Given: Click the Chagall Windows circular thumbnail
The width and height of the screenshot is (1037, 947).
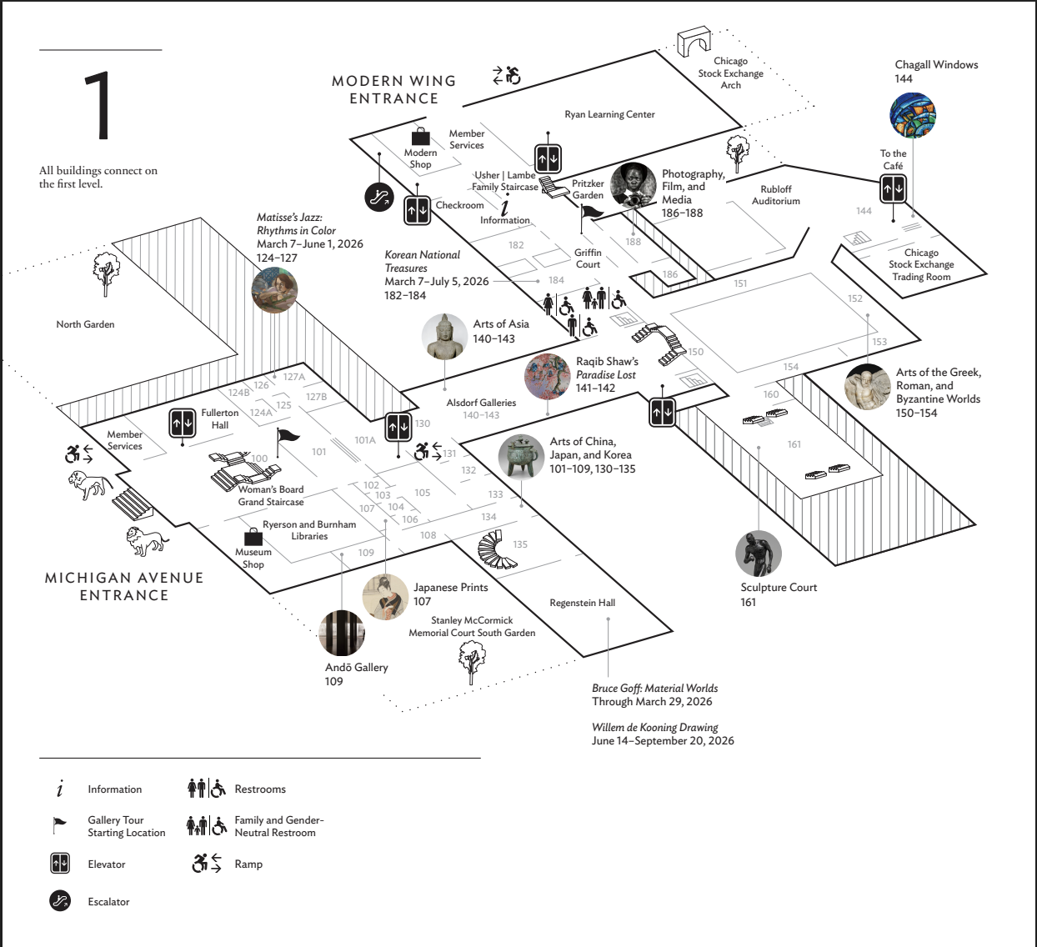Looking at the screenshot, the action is pyautogui.click(x=913, y=114).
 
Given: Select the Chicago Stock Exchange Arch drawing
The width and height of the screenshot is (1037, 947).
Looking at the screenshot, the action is pyautogui.click(x=693, y=42).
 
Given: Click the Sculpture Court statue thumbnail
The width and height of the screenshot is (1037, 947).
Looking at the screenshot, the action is pyautogui.click(x=759, y=554).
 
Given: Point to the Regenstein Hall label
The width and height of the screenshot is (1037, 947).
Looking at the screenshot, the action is pyautogui.click(x=582, y=603).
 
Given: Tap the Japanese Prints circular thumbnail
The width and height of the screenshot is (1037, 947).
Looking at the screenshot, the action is pyautogui.click(x=386, y=598).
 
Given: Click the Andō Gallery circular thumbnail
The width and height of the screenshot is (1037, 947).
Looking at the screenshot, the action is pyautogui.click(x=342, y=633).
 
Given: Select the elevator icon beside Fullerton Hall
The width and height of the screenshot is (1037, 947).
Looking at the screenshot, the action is pyautogui.click(x=182, y=423).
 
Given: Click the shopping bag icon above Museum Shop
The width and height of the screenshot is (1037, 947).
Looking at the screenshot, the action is pyautogui.click(x=253, y=537).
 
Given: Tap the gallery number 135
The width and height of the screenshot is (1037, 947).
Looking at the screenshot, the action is pyautogui.click(x=520, y=544).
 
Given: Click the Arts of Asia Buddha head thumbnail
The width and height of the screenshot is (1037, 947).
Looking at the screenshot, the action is pyautogui.click(x=445, y=337).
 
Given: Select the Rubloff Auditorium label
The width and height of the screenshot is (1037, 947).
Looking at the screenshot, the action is pyautogui.click(x=775, y=195).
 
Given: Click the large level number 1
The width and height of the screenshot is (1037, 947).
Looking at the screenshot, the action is pyautogui.click(x=99, y=106).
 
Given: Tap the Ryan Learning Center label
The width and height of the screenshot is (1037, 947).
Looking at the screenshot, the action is pyautogui.click(x=609, y=114).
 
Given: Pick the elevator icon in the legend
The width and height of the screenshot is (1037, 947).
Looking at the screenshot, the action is pyautogui.click(x=59, y=864).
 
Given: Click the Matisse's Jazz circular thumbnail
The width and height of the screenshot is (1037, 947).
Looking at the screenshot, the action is pyautogui.click(x=274, y=289).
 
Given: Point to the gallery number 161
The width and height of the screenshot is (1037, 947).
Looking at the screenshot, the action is pyautogui.click(x=794, y=444).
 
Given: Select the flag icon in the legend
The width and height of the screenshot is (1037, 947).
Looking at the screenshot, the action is pyautogui.click(x=59, y=825).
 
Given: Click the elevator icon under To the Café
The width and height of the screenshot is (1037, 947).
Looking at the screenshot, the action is pyautogui.click(x=893, y=189).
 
